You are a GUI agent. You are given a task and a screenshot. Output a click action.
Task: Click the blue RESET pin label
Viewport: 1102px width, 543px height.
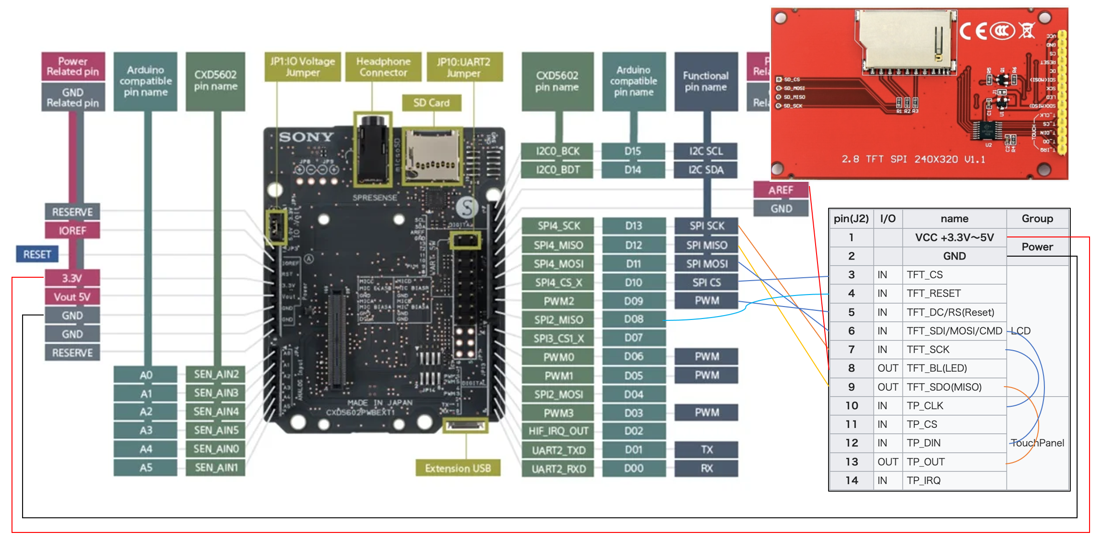tap(37, 254)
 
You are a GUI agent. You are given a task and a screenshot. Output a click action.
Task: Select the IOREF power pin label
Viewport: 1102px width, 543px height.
tap(72, 231)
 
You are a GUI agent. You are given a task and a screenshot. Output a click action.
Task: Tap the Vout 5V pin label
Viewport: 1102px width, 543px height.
tap(72, 297)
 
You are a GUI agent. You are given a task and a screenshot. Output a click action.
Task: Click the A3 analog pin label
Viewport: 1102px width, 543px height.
tap(146, 430)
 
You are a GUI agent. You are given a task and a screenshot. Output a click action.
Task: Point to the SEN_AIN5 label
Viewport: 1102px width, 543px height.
tap(216, 430)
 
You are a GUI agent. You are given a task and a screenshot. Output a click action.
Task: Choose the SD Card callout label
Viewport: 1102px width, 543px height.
tap(431, 103)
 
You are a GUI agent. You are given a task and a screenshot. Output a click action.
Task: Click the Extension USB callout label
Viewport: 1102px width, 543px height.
tap(458, 468)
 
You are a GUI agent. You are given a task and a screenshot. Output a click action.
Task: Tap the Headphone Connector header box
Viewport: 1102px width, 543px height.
tap(383, 67)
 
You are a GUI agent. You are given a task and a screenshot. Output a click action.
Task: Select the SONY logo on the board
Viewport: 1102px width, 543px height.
tap(306, 137)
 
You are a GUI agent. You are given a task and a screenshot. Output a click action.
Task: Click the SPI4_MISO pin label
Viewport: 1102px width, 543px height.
tap(558, 245)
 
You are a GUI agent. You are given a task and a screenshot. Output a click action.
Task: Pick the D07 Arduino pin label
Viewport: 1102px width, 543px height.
tap(633, 338)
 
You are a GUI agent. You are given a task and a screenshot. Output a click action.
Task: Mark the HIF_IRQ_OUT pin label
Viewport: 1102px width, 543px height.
tap(558, 431)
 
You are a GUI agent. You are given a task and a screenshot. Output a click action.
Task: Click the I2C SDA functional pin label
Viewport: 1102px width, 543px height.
tap(706, 170)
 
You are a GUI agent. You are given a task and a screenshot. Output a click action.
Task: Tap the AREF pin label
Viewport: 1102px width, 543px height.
tap(781, 190)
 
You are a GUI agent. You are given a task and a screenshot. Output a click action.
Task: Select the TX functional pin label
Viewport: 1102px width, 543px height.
tap(706, 449)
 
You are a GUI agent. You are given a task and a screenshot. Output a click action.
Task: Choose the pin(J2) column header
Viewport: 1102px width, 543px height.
tap(851, 219)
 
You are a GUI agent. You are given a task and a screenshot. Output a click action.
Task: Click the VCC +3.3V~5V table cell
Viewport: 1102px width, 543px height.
tap(954, 237)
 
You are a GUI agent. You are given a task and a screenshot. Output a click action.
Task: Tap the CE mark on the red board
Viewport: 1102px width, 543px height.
tap(973, 32)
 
